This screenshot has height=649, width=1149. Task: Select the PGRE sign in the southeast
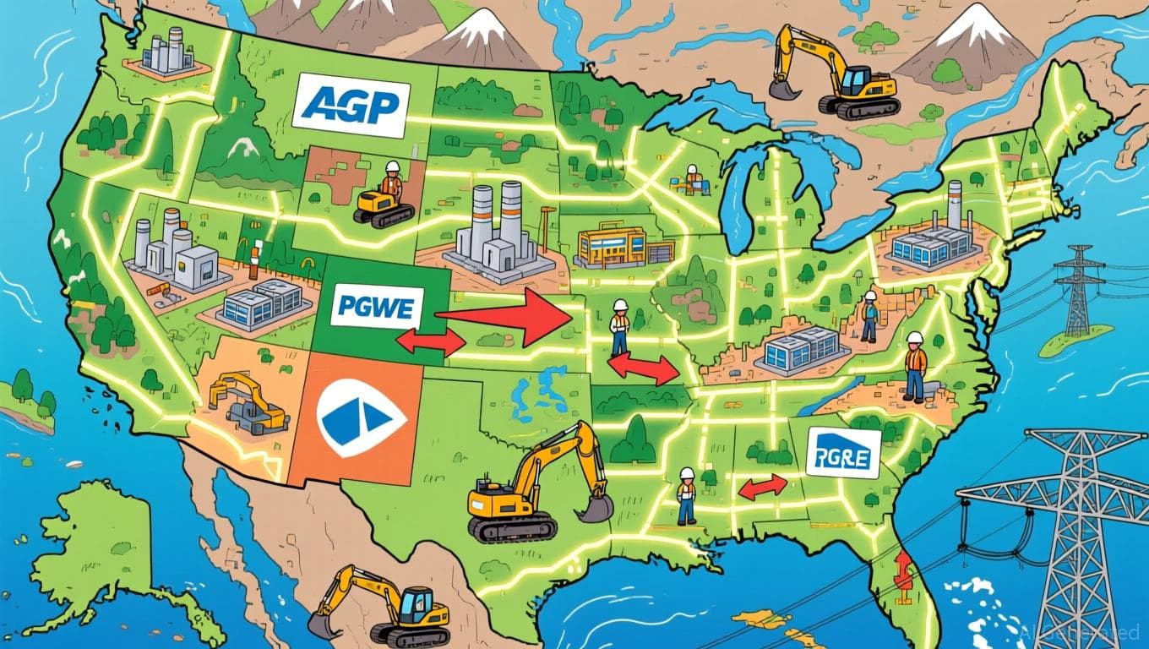click(843, 453)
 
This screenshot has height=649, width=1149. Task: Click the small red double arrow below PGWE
click(430, 341)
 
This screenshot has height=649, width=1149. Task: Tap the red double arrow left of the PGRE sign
click(763, 485)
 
